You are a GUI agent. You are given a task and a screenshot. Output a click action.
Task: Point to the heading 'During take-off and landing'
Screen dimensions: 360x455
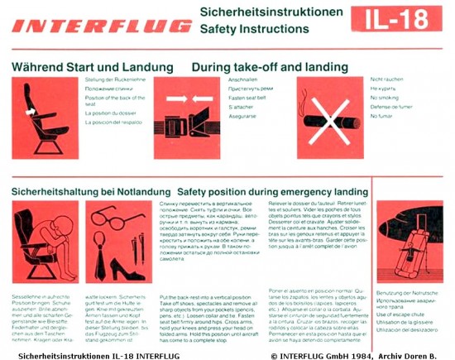[273, 65]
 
